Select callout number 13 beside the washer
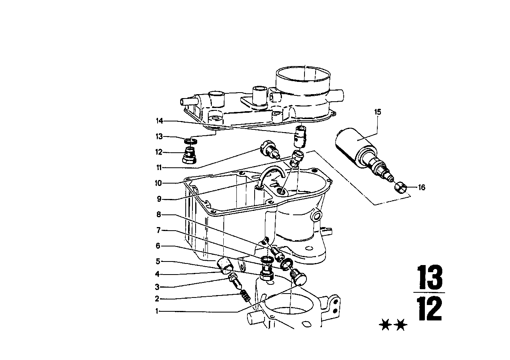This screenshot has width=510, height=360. pos(159,136)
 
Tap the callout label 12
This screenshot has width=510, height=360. pos(159,152)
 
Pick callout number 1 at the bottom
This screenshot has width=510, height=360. pos(157,311)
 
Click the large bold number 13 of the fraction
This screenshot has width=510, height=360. pos(430,278)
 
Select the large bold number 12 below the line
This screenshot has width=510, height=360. pos(430,309)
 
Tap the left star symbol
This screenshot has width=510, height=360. pos(384,326)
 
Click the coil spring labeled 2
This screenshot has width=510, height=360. pos(245,296)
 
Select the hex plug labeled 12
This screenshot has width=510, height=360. pos(190,155)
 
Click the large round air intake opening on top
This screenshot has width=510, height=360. pos(303,78)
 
